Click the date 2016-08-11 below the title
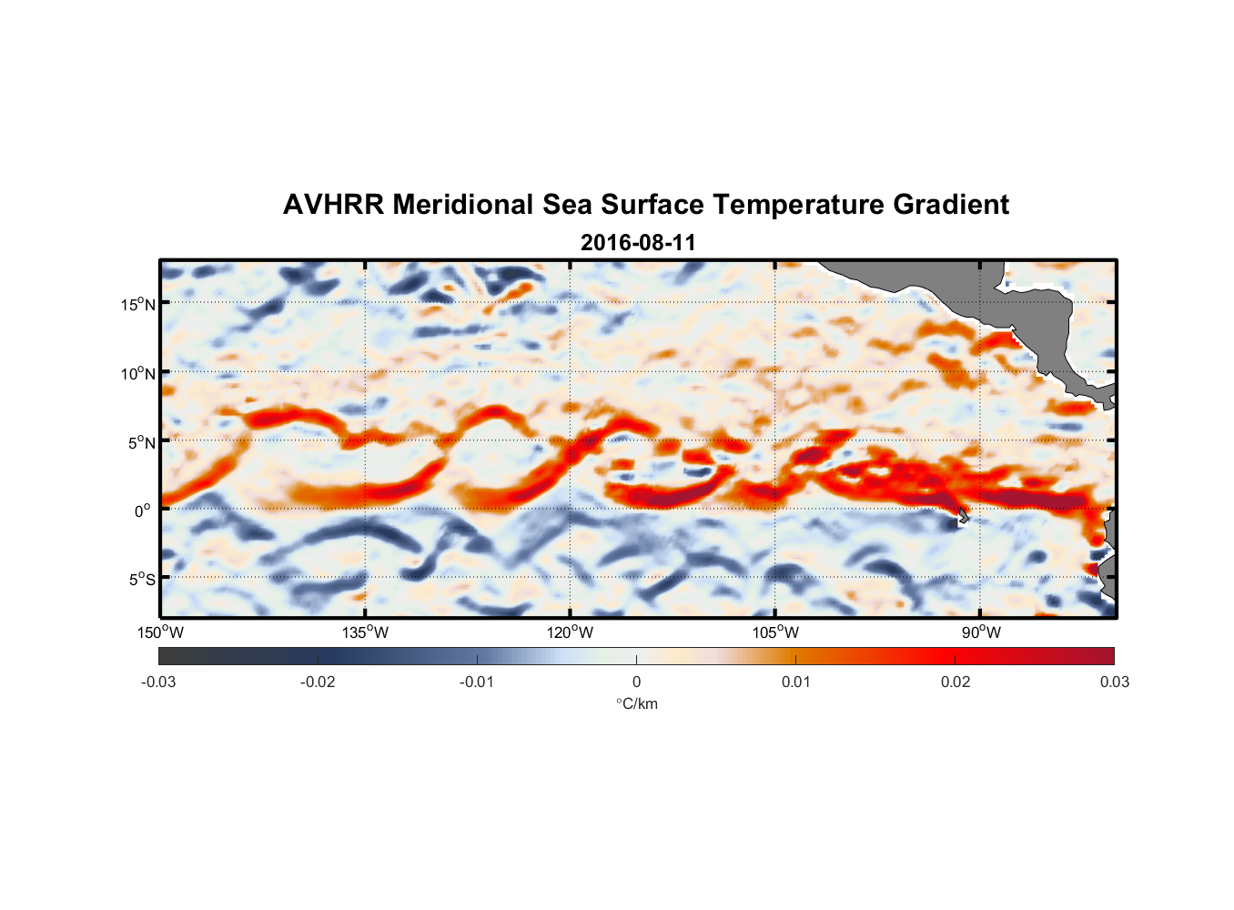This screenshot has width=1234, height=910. (638, 243)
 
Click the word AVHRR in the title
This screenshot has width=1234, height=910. (333, 205)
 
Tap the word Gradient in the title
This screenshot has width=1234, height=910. (951, 205)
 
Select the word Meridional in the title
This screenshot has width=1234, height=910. (462, 205)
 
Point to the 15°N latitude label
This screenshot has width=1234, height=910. (138, 304)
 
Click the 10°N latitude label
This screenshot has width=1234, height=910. (138, 373)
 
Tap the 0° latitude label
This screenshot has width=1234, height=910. (143, 511)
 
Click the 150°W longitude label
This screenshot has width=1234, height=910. (160, 632)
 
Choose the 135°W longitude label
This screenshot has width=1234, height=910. (365, 632)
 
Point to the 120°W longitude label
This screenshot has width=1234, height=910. (570, 632)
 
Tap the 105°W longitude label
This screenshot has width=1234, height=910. (775, 632)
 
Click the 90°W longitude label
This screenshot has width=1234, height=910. (981, 632)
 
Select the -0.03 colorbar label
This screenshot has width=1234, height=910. (158, 682)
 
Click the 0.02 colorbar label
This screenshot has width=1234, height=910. (956, 682)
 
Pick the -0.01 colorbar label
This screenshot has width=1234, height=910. (477, 682)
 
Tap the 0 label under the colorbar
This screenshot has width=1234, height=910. (636, 682)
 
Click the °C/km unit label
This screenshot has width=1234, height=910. (636, 703)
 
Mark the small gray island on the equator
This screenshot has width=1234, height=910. (963, 516)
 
